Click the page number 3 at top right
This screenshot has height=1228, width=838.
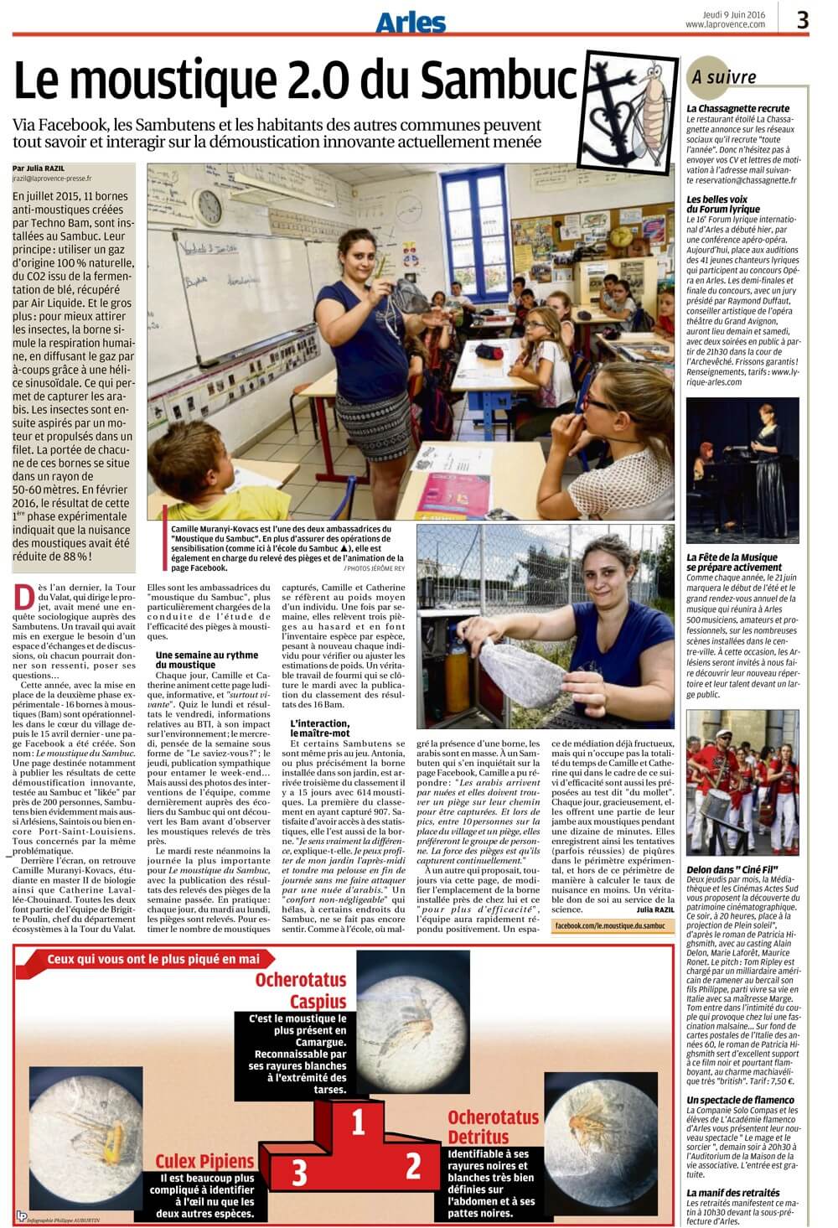pos(802,19)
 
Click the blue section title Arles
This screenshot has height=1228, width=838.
pos(410,23)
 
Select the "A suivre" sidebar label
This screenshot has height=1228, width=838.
pos(724,78)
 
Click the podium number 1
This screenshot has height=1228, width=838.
pos(359,1121)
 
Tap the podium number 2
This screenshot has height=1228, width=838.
pos(412,1166)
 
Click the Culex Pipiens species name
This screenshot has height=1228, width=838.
pos(204,1161)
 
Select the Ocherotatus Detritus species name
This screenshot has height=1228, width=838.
pos(493,1127)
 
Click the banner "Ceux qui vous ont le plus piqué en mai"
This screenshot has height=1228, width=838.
pos(153,959)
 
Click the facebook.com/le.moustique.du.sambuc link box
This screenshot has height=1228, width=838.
pos(610,925)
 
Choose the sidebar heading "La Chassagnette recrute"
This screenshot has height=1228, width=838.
pos(737,109)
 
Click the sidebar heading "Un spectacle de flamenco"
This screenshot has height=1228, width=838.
pos(740,1100)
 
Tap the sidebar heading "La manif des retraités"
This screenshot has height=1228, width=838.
pos(732,1192)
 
